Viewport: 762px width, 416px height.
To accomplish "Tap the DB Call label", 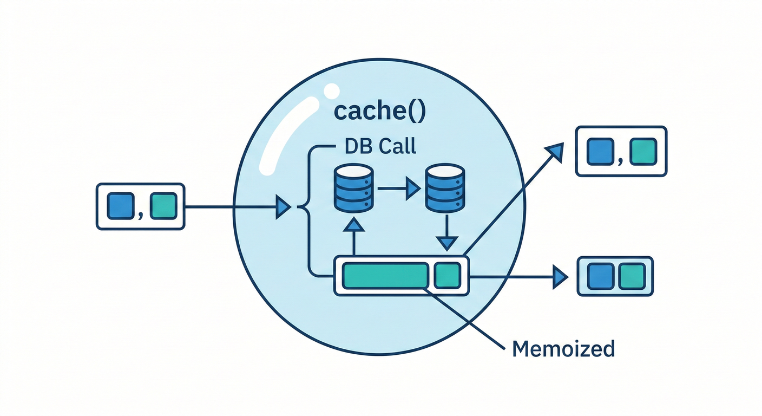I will (380, 146).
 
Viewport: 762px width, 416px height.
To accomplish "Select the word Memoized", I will (563, 348).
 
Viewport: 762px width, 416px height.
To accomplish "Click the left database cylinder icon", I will (354, 188).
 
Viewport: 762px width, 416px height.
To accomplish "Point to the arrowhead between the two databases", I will (413, 188).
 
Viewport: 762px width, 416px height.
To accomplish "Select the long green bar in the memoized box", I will (385, 276).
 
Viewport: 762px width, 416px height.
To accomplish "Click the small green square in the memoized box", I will (448, 276).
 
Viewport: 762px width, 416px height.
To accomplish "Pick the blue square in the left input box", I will (121, 206).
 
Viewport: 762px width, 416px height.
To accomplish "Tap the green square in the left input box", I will (163, 206).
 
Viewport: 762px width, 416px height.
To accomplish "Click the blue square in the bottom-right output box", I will (599, 276).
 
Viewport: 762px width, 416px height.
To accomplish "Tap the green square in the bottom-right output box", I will (632, 276).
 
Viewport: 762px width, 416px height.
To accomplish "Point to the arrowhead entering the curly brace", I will (283, 206).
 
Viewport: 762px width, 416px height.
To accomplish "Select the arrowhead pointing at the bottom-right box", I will (560, 277).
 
